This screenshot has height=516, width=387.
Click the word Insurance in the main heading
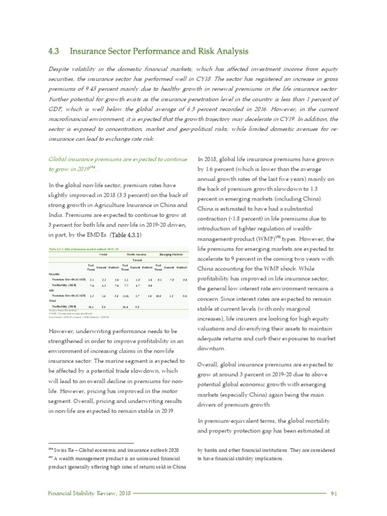pos(88,51)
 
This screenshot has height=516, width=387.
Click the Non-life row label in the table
pos(54,274)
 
